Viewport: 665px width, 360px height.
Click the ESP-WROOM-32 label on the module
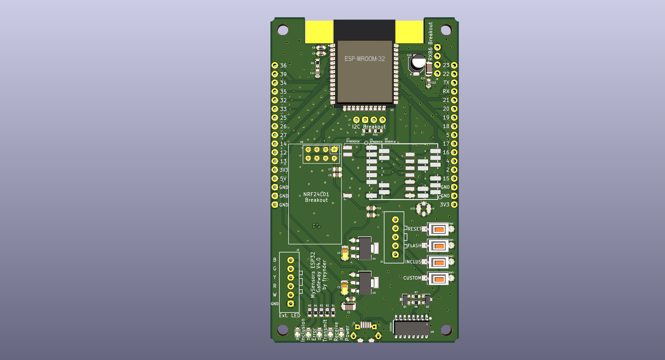tap(364, 59)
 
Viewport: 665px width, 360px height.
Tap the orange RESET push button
tap(439, 230)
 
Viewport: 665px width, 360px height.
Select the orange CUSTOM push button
tap(439, 279)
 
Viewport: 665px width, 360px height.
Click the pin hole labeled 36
tap(275, 65)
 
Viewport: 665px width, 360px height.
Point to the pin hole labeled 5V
tap(275, 179)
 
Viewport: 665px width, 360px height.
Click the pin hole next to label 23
tap(454, 65)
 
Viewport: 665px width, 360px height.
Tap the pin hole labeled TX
tap(454, 83)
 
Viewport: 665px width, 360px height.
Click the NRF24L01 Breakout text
tap(316, 197)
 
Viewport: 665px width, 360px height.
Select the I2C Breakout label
tap(369, 127)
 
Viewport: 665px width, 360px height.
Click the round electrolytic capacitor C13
tap(418, 63)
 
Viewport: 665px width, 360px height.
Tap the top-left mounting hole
tap(283, 30)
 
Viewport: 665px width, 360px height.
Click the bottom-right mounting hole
tap(446, 330)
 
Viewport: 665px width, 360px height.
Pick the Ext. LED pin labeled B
tap(291, 260)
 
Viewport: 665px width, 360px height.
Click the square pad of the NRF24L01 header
tap(334, 149)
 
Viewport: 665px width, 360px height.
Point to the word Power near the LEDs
tap(347, 333)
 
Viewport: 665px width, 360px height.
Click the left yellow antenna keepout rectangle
tap(319, 32)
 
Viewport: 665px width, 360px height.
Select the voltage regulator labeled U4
tap(365, 248)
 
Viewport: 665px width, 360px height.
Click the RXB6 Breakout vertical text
tap(430, 41)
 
